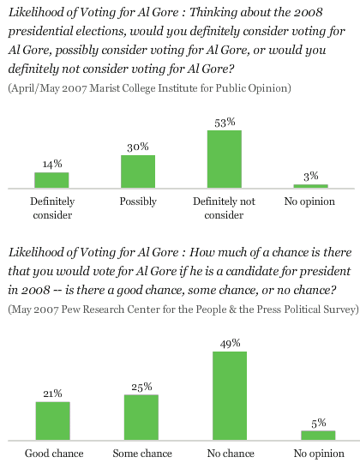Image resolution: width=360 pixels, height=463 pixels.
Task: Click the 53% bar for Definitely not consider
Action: (x=225, y=159)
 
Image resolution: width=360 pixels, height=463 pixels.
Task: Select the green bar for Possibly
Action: (x=138, y=171)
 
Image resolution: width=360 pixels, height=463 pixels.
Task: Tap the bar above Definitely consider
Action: (x=51, y=180)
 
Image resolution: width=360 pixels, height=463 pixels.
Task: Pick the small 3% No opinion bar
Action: (x=310, y=186)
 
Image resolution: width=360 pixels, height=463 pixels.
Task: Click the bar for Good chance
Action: (x=53, y=421)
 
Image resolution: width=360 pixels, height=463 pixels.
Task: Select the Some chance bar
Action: (x=141, y=418)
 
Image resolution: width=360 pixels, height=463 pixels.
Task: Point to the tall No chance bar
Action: (x=230, y=395)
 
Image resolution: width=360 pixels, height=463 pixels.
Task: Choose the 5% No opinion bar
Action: (x=318, y=436)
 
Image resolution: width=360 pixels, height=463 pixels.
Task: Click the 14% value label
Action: (x=52, y=164)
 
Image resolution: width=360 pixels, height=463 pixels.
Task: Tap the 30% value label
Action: (x=138, y=147)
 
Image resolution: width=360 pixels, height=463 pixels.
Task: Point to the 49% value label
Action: (x=231, y=343)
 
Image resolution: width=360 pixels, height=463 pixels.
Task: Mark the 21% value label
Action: (x=53, y=394)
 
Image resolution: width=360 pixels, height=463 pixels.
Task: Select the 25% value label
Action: (x=141, y=387)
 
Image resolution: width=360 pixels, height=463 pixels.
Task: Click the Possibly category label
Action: (x=138, y=201)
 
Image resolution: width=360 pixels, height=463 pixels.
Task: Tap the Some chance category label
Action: (x=142, y=454)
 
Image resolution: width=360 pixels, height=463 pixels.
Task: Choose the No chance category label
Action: (x=231, y=454)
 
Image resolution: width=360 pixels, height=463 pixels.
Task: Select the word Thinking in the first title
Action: (x=213, y=13)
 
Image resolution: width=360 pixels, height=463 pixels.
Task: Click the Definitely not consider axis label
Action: (x=224, y=208)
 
